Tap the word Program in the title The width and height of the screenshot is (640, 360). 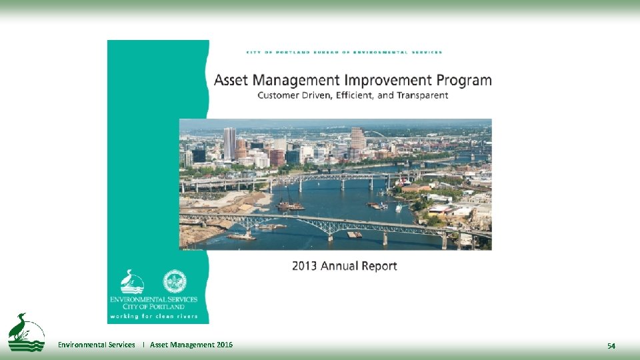click(464, 81)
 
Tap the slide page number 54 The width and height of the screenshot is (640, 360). click(611, 345)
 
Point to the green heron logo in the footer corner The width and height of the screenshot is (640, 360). click(26, 332)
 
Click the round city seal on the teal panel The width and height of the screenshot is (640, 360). click(175, 281)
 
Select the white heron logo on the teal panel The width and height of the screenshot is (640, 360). click(132, 282)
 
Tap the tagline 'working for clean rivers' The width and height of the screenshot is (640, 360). click(153, 315)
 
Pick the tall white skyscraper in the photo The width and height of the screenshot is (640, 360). click(229, 143)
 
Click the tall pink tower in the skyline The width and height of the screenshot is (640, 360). click(357, 138)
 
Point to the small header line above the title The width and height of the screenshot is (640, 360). click(344, 52)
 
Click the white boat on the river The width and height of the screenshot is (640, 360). click(399, 208)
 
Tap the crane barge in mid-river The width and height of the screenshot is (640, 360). click(290, 204)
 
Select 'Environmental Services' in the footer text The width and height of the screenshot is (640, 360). click(97, 345)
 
